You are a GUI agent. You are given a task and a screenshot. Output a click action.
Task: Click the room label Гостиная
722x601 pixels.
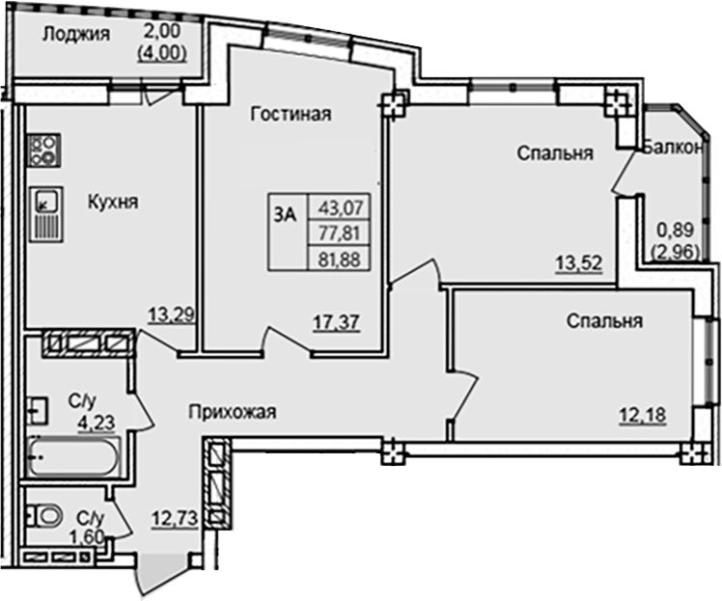[x=291, y=115]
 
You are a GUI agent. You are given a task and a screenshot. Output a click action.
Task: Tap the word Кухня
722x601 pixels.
[x=113, y=203]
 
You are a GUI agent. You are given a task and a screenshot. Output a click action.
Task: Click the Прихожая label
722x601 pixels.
[x=232, y=413]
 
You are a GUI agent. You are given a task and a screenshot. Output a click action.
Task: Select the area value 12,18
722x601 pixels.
[x=643, y=416]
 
